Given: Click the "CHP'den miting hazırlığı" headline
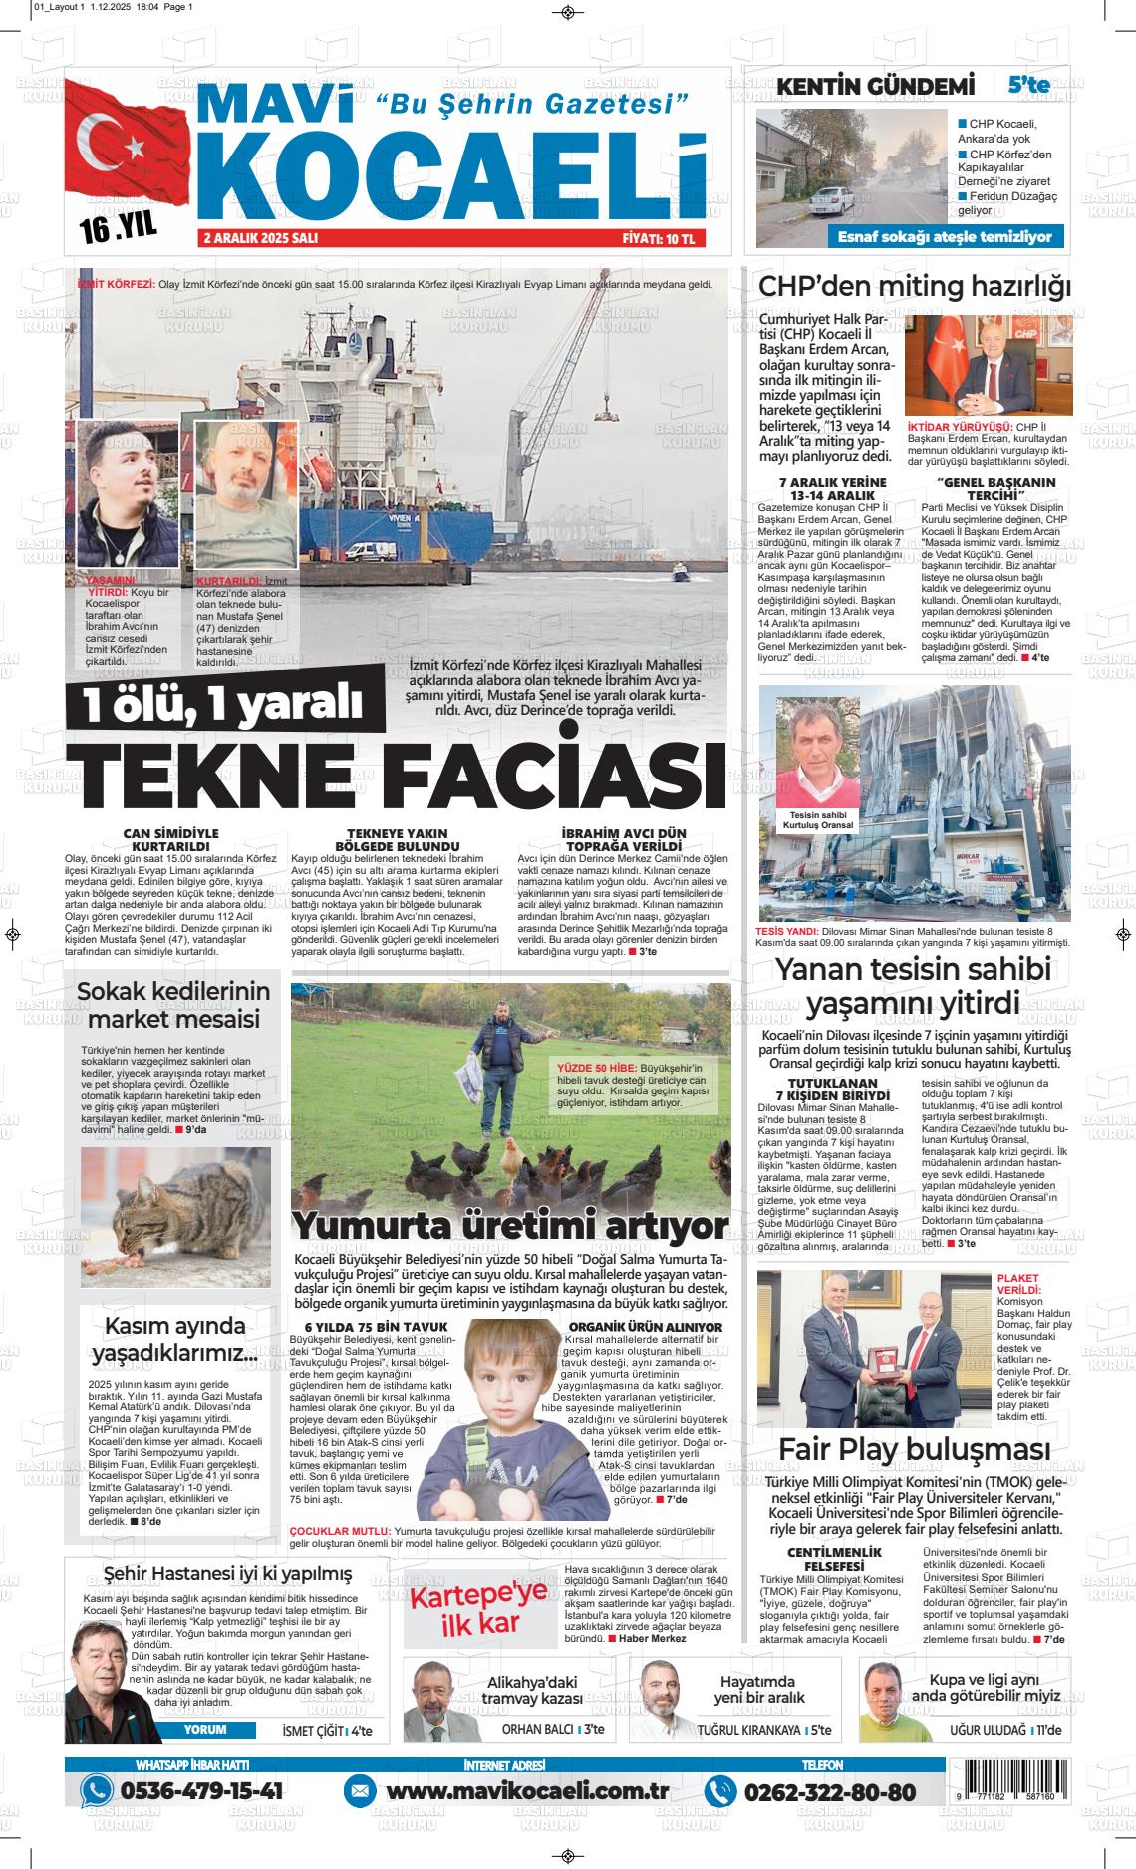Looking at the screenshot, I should pos(915,286).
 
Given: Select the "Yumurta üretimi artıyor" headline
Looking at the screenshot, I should pos(509,1225).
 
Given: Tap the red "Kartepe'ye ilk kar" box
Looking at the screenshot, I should pos(479,1612).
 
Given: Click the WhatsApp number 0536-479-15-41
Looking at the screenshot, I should pos(200,1791).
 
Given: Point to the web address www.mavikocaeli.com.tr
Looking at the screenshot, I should pos(526,1791).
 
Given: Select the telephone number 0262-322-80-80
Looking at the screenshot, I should pos(829,1791).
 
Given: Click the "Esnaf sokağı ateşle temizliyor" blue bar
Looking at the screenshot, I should pos(944,237).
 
